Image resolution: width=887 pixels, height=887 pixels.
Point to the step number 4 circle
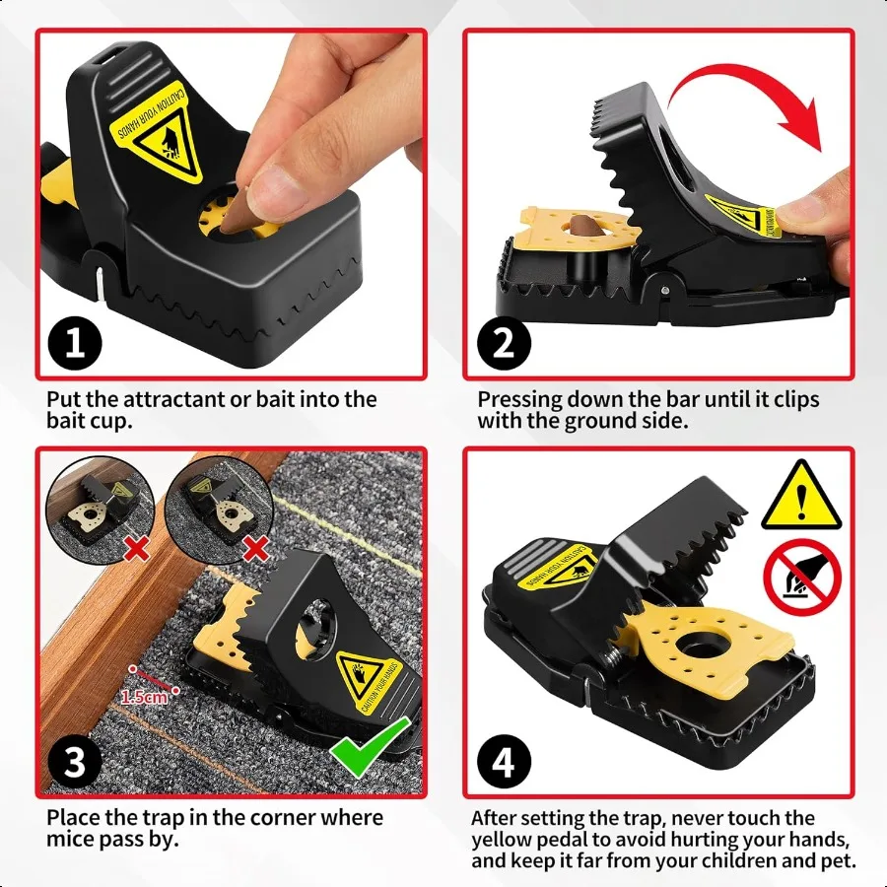click(504, 761)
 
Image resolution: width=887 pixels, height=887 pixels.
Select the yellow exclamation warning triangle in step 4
click(802, 498)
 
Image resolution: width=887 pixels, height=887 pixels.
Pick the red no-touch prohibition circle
click(803, 579)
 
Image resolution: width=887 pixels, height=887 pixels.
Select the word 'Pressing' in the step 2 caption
click(520, 400)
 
